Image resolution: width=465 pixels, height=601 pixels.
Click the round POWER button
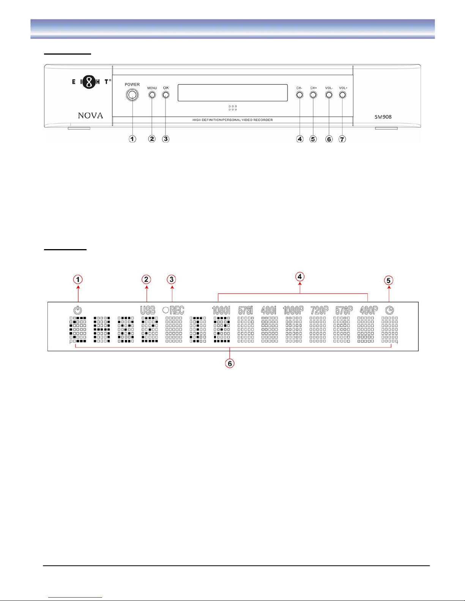pyautogui.click(x=132, y=95)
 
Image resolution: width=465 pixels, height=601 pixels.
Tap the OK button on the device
pyautogui.click(x=166, y=95)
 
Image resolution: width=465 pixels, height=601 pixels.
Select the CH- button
pyautogui.click(x=299, y=95)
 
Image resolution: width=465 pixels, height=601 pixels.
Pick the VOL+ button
pyautogui.click(x=342, y=95)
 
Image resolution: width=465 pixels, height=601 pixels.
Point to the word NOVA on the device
pyautogui.click(x=90, y=116)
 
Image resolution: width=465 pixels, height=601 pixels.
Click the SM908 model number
pyautogui.click(x=383, y=117)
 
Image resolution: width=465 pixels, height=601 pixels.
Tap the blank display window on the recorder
pyautogui.click(x=232, y=93)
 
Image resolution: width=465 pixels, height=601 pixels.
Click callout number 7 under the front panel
pyautogui.click(x=342, y=139)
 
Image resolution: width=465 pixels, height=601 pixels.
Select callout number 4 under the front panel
pyautogui.click(x=300, y=139)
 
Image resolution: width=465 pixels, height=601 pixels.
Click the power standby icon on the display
pyautogui.click(x=77, y=310)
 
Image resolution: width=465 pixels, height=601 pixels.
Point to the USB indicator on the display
pyautogui.click(x=148, y=310)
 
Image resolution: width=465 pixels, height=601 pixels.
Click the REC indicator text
pyautogui.click(x=177, y=310)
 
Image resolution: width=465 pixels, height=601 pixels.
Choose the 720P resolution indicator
pyautogui.click(x=319, y=310)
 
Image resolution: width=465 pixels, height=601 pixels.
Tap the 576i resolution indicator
pyautogui.click(x=246, y=310)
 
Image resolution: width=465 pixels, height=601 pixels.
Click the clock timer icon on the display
pyautogui.click(x=389, y=310)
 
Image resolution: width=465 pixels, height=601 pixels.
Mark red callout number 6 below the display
pyautogui.click(x=230, y=363)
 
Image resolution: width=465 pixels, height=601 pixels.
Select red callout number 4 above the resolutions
pyautogui.click(x=300, y=277)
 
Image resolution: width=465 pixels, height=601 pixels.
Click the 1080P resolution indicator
pyautogui.click(x=293, y=310)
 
